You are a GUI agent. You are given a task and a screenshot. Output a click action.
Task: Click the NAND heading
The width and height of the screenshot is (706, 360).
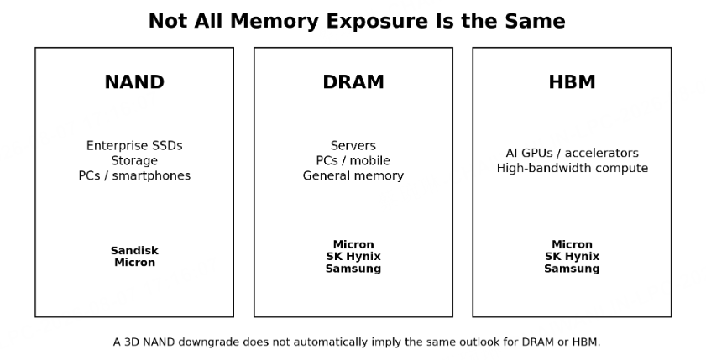click(134, 82)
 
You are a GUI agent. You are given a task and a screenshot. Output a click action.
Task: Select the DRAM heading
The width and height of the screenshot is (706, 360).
click(353, 82)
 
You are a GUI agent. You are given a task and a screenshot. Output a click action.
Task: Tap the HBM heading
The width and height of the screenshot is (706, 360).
click(572, 82)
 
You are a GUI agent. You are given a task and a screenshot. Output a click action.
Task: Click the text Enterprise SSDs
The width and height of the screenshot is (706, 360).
click(134, 146)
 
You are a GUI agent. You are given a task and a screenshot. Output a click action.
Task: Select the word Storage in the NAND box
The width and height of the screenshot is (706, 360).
click(134, 160)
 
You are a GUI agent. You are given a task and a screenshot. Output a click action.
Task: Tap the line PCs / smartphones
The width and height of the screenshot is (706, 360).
click(134, 175)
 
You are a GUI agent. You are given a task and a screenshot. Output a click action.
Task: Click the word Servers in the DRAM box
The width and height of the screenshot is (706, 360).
click(353, 146)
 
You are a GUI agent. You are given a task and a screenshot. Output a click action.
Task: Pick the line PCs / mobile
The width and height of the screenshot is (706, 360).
click(353, 160)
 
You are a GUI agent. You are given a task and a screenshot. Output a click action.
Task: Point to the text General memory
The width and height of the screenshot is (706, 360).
click(353, 175)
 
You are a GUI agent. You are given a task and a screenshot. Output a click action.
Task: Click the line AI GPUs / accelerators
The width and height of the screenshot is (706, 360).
click(572, 153)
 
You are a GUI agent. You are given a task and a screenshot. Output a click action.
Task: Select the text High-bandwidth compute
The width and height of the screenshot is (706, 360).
click(572, 168)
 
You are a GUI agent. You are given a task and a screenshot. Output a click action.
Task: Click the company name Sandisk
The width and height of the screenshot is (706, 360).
click(134, 250)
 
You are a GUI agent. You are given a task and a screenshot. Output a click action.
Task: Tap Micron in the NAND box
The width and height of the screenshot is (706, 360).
click(134, 263)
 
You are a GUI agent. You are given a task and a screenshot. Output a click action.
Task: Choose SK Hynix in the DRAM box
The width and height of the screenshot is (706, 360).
click(353, 257)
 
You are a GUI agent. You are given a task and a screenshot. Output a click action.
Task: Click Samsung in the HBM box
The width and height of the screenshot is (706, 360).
click(572, 269)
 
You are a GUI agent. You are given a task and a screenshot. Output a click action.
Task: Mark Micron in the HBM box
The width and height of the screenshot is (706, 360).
click(572, 244)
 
